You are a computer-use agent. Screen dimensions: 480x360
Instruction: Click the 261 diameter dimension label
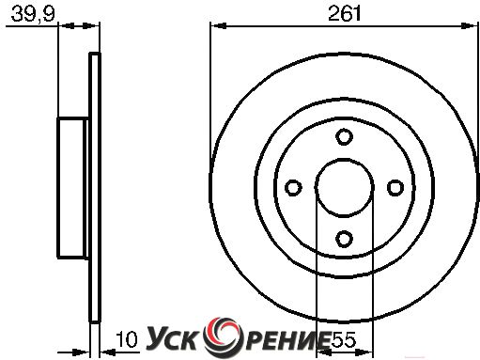click(x=345, y=14)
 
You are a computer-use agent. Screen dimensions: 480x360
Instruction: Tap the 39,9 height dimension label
click(x=33, y=15)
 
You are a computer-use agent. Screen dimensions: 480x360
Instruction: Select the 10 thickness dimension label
click(x=127, y=339)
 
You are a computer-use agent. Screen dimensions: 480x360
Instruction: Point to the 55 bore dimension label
click(x=343, y=339)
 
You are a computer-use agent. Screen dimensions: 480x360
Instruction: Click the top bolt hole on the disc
click(x=344, y=136)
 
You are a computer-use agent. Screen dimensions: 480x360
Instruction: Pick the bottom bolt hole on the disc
click(x=344, y=239)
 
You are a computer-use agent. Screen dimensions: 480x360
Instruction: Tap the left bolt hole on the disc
click(x=293, y=188)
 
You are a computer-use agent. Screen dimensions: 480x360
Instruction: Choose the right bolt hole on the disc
click(x=395, y=188)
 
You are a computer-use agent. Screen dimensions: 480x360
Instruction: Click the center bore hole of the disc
click(x=344, y=188)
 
